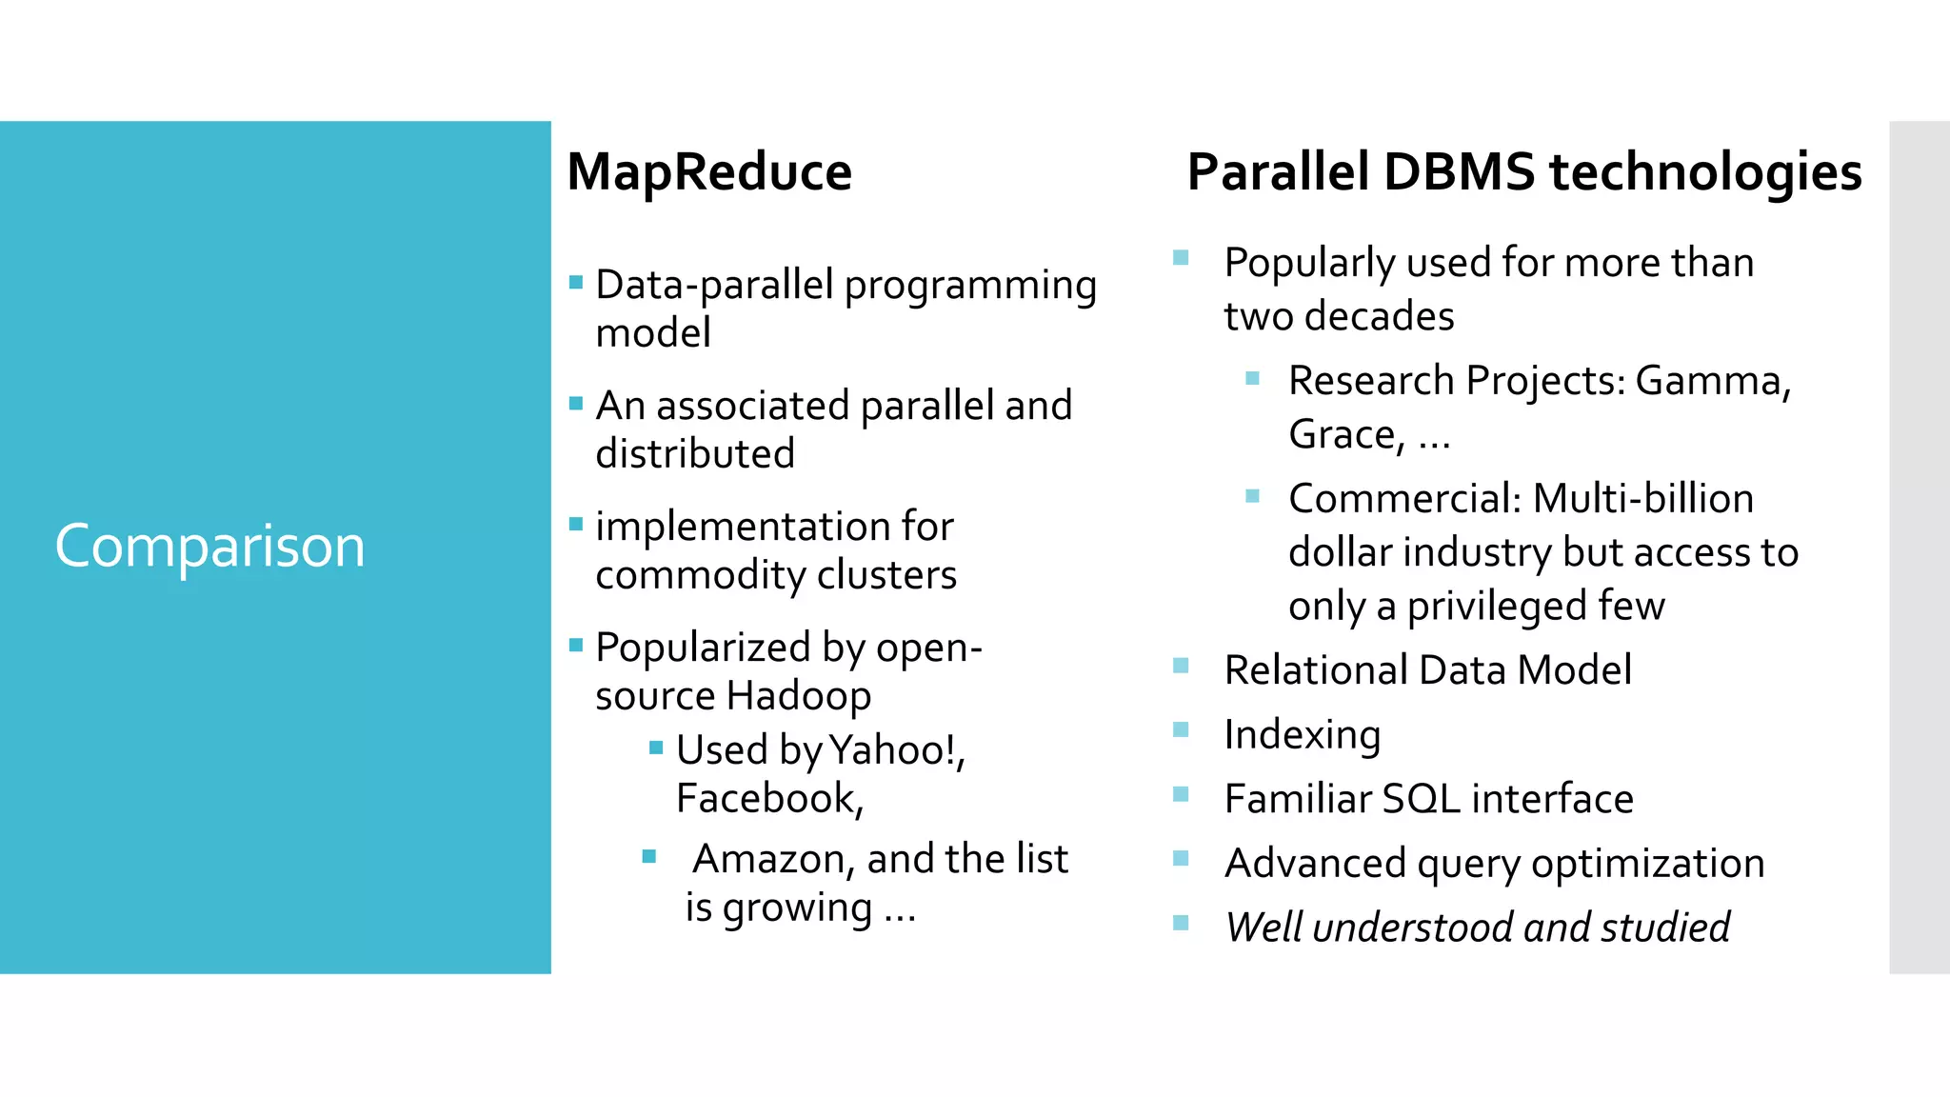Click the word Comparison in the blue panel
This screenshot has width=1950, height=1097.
click(x=209, y=548)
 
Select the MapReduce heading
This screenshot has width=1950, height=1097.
click(x=709, y=172)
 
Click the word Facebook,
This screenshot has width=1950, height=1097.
click(x=769, y=798)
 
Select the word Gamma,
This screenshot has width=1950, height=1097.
click(x=1713, y=381)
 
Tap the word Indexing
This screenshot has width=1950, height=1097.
click(x=1302, y=735)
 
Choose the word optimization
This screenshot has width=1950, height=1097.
click(x=1647, y=864)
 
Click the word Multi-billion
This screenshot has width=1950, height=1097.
click(x=1642, y=499)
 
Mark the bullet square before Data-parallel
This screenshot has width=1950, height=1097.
click(x=576, y=282)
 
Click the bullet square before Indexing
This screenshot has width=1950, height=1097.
click(x=1181, y=730)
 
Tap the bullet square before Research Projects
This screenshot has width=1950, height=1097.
click(x=1252, y=378)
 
